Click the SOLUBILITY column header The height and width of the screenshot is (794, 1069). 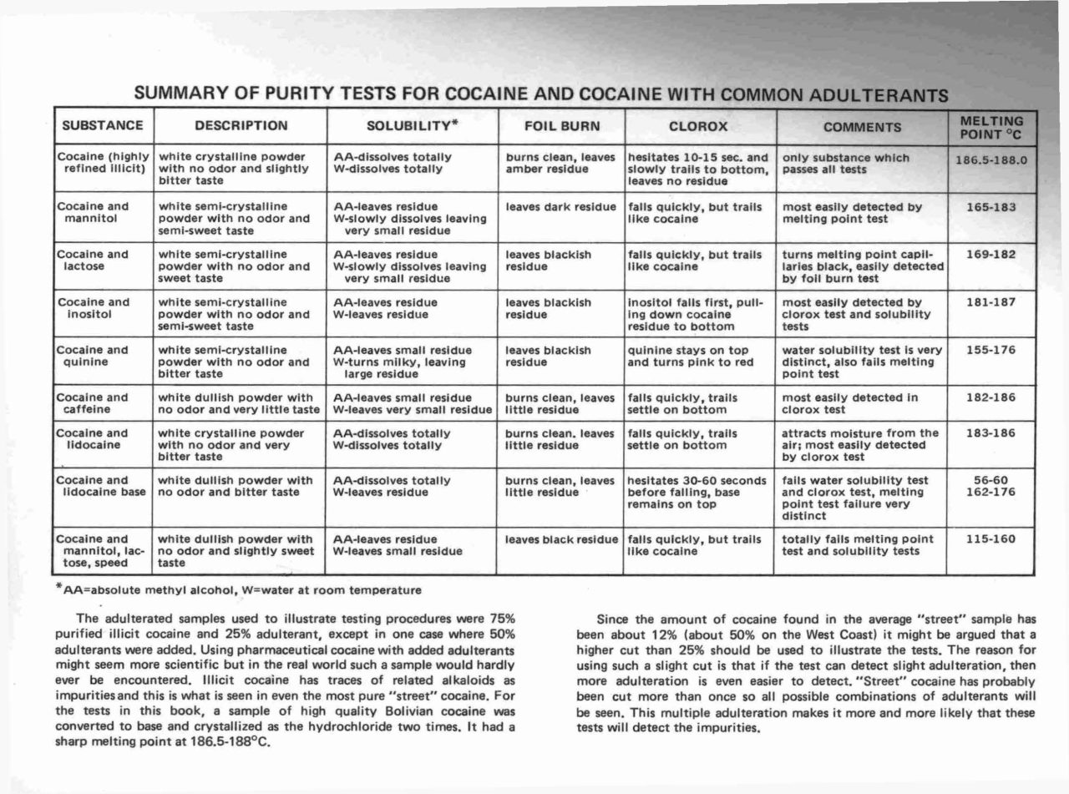click(413, 126)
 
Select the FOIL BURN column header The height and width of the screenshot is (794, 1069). click(561, 127)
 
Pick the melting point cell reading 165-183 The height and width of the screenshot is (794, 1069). click(990, 206)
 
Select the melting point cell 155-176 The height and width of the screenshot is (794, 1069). click(990, 350)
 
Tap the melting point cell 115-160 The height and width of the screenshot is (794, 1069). click(990, 539)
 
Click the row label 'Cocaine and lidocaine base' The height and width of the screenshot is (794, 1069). click(104, 486)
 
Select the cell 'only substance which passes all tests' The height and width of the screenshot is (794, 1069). click(844, 163)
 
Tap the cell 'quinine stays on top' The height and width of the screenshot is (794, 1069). click(687, 350)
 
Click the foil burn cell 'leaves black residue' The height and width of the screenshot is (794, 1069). click(561, 539)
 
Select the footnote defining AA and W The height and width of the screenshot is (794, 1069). click(238, 590)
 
